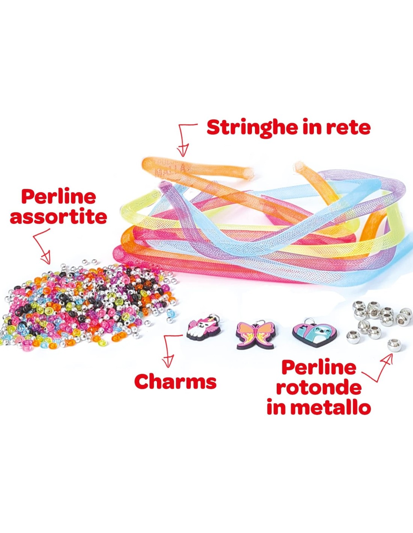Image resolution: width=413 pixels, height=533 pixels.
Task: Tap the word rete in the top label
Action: click(348, 128)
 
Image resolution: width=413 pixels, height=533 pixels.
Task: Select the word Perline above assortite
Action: click(59, 197)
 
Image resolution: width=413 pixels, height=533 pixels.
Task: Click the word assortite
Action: click(59, 217)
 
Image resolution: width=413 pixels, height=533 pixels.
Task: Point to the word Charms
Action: click(175, 382)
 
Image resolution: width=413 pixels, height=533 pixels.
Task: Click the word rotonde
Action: click(319, 387)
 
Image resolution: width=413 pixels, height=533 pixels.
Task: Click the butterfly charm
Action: click(255, 334)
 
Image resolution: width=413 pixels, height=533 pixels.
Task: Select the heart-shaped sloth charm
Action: click(315, 332)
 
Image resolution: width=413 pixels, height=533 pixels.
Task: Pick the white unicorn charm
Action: click(203, 329)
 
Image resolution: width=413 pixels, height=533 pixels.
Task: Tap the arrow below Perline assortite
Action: click(42, 246)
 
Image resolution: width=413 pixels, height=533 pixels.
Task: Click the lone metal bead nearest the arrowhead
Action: click(394, 345)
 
